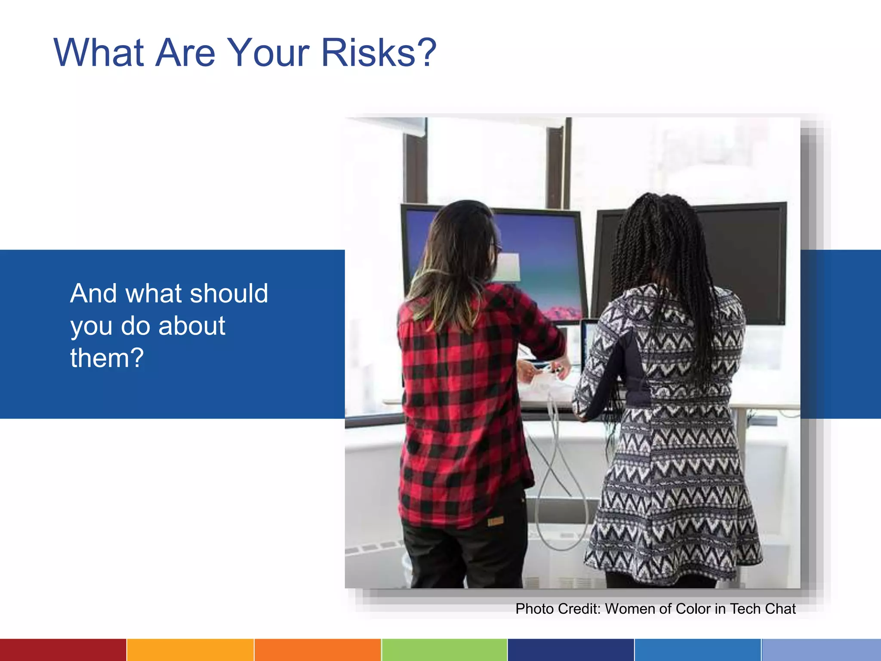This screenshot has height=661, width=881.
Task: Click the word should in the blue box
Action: (229, 293)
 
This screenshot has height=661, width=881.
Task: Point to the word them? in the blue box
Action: (107, 358)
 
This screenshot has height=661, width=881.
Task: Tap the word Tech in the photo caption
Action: (745, 609)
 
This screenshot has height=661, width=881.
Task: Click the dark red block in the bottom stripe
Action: (63, 650)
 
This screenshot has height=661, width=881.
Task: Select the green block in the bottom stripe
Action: (444, 650)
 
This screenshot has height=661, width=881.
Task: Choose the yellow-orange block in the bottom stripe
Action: (190, 650)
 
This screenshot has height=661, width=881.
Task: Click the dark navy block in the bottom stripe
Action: (571, 650)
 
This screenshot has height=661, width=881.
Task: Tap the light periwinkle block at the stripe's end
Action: (821, 650)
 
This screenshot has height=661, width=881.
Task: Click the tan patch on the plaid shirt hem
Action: (495, 522)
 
